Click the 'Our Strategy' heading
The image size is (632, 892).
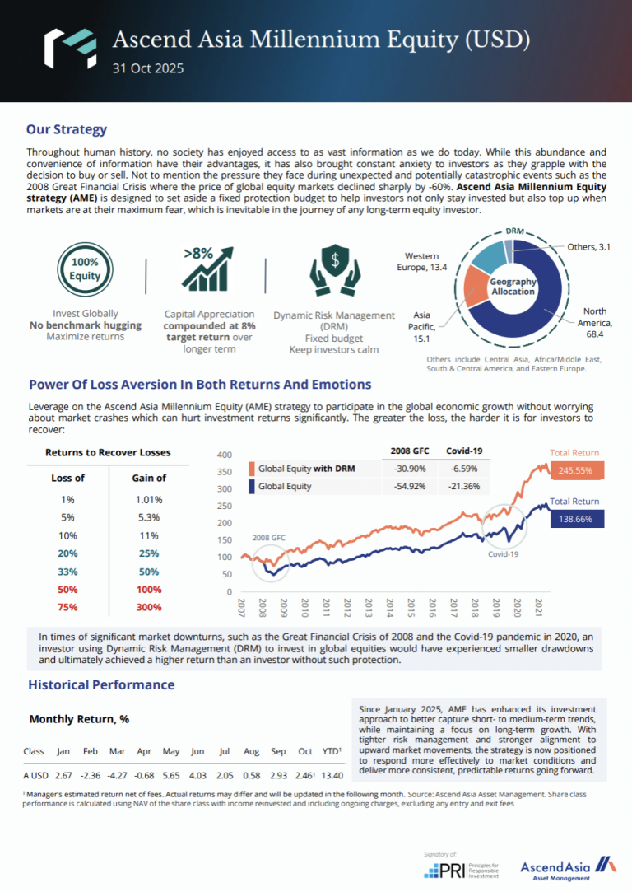coord(67,129)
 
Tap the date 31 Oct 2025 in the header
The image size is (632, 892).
coord(148,68)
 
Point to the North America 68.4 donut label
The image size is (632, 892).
coord(594,323)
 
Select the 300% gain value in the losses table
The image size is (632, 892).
coord(149,607)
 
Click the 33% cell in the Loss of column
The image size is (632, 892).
coord(67,571)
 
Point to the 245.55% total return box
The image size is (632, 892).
coord(577,471)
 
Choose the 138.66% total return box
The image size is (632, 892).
coord(577,519)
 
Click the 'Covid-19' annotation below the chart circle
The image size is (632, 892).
coord(503,554)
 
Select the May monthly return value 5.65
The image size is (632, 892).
coord(171,776)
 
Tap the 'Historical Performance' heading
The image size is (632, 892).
coord(101,684)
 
